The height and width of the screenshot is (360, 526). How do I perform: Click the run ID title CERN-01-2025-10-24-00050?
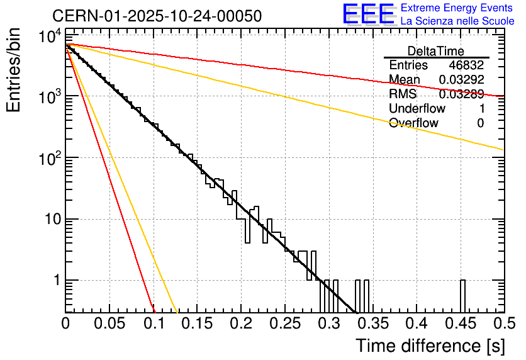click(157, 16)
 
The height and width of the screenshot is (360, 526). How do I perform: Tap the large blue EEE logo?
click(368, 14)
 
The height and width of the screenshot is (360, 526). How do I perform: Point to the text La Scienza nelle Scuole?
click(457, 21)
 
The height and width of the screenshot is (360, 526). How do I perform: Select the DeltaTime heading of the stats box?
click(436, 51)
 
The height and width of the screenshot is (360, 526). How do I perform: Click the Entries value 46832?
click(466, 65)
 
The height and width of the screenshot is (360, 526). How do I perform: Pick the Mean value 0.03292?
click(461, 80)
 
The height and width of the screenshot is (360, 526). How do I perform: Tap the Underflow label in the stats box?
click(417, 108)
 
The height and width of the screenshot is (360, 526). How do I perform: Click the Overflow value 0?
click(480, 123)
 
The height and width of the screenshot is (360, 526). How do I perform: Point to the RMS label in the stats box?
click(403, 94)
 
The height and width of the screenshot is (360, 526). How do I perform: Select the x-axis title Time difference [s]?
click(430, 346)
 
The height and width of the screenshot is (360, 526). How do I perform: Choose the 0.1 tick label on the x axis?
click(154, 324)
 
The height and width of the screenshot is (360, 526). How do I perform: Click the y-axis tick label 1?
click(55, 281)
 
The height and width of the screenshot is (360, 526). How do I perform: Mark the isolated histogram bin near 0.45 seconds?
click(462, 296)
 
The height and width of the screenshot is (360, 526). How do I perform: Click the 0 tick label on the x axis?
click(66, 324)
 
